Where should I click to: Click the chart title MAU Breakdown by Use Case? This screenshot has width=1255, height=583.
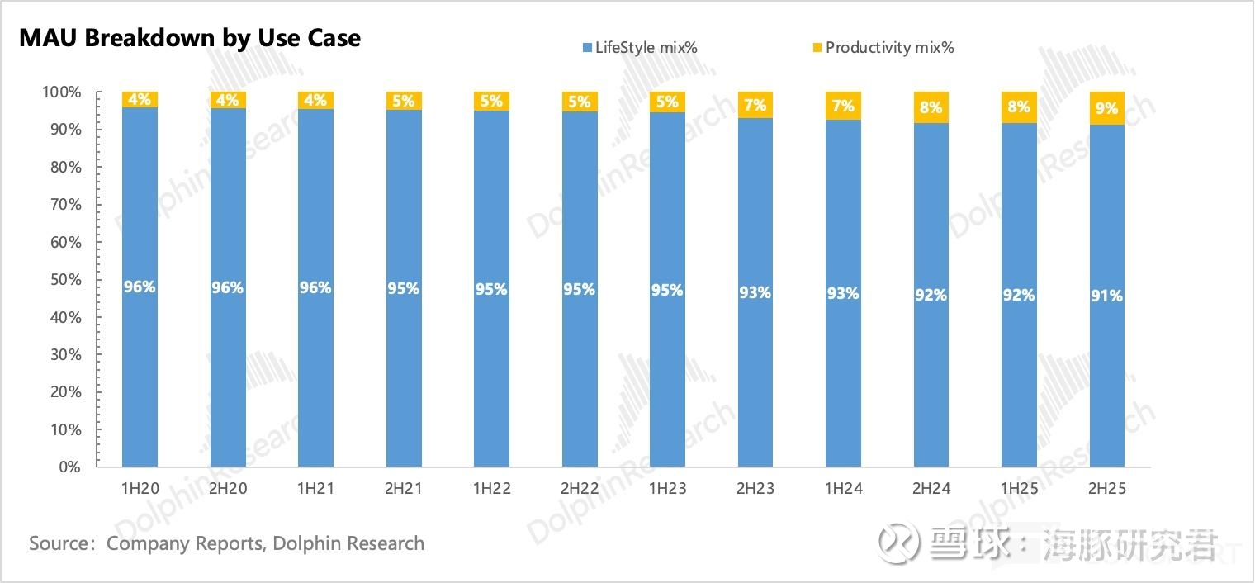(x=190, y=38)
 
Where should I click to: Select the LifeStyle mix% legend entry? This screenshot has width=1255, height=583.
(x=639, y=47)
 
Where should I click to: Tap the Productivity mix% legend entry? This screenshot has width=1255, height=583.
(x=883, y=47)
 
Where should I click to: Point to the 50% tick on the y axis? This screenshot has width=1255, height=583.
(x=62, y=280)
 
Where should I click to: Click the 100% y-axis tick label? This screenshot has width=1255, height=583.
(x=60, y=92)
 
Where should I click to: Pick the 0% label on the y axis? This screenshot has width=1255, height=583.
(x=69, y=467)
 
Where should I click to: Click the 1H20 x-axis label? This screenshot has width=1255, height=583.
(x=140, y=489)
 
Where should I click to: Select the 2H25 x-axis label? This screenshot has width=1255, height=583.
(x=1106, y=489)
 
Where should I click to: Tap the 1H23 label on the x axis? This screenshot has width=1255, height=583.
(x=667, y=489)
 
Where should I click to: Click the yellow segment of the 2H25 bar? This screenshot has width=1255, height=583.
(x=1106, y=108)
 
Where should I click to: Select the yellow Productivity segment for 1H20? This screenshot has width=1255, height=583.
(x=140, y=100)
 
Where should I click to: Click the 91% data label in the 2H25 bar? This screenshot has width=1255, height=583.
(x=1106, y=296)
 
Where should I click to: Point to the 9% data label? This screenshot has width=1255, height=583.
(x=1106, y=108)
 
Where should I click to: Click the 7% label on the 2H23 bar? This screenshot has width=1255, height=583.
(x=755, y=105)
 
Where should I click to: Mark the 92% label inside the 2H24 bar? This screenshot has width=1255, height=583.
(x=931, y=295)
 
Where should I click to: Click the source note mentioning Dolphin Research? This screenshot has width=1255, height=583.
(x=226, y=543)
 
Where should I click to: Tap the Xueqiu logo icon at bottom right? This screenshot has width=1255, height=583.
(x=898, y=544)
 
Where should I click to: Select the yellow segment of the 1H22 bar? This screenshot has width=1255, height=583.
(x=491, y=102)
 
